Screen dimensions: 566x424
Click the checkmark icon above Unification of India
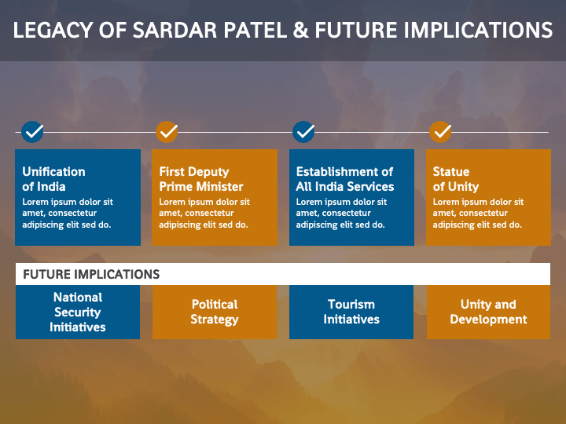[32, 132]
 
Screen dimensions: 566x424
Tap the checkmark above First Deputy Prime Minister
[167, 132]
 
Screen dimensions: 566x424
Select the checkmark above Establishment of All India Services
[303, 132]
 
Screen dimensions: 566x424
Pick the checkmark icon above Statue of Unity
[440, 132]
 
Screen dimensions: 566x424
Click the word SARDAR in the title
[175, 30]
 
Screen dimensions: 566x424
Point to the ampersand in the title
[300, 30]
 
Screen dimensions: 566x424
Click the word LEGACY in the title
[53, 30]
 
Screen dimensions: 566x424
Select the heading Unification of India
[53, 179]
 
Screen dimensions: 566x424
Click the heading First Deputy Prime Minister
[201, 179]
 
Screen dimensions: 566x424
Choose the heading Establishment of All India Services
[345, 179]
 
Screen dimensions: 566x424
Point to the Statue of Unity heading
[456, 179]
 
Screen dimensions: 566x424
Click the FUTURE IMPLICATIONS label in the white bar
[91, 274]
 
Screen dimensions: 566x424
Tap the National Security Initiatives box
[78, 313]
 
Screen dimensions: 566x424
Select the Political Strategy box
[215, 313]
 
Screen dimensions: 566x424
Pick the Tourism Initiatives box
[351, 313]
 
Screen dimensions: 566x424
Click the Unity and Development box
[488, 313]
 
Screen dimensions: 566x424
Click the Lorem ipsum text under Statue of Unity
[478, 213]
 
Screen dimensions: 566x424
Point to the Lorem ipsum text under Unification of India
[68, 213]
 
